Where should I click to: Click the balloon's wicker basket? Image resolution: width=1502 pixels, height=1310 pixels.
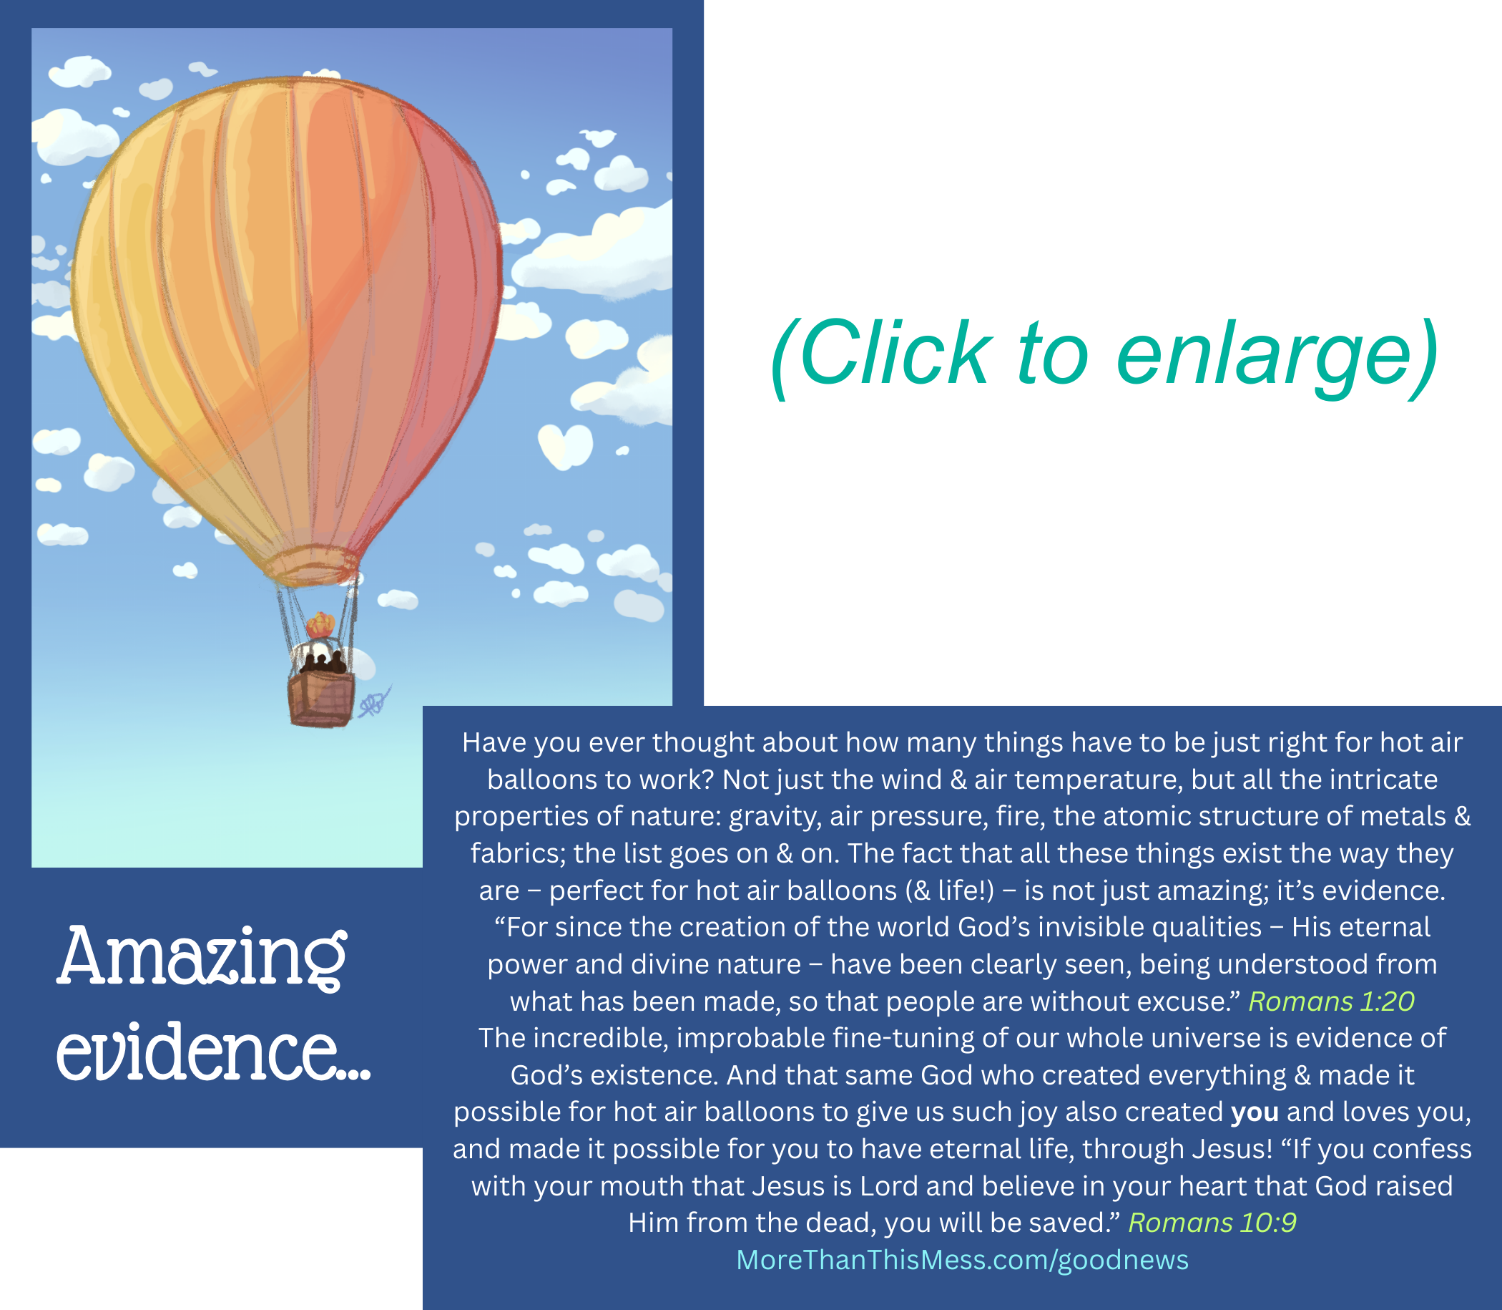(x=321, y=699)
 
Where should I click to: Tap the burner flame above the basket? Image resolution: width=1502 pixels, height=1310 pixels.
(x=320, y=626)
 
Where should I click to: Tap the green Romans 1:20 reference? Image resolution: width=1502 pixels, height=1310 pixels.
(x=1332, y=1001)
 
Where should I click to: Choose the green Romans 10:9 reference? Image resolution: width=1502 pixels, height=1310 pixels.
(x=1213, y=1223)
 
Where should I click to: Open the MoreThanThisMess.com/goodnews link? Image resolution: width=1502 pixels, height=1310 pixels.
(x=963, y=1261)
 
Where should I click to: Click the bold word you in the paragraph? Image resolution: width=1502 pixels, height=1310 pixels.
(x=1255, y=1112)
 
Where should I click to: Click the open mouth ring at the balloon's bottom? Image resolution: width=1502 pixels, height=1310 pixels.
(x=311, y=566)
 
